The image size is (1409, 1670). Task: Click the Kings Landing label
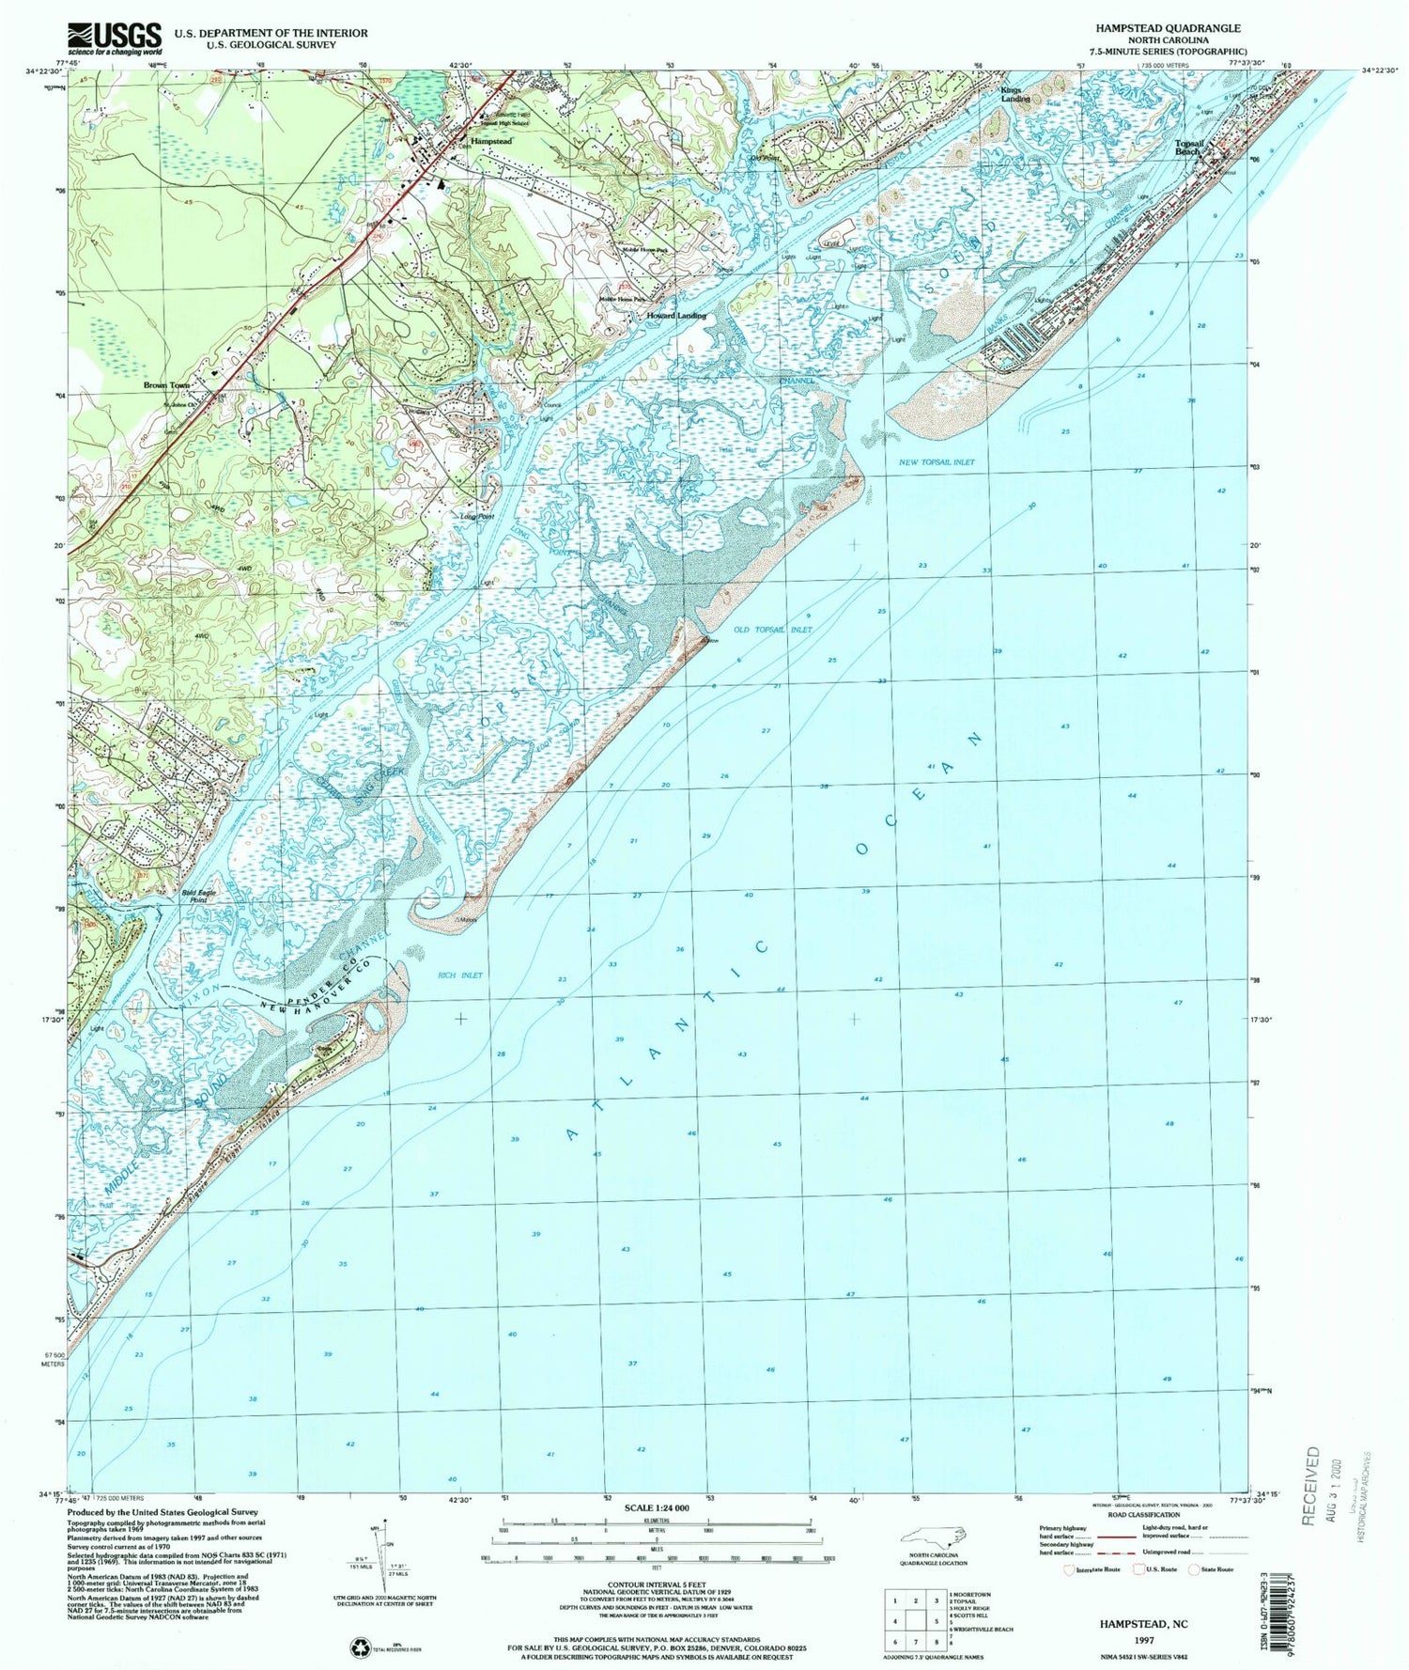point(1015,93)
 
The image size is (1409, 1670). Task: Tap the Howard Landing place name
point(676,316)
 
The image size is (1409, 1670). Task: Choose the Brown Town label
point(166,385)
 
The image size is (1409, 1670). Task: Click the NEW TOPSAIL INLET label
point(936,462)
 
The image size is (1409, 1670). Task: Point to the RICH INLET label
point(459,975)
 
